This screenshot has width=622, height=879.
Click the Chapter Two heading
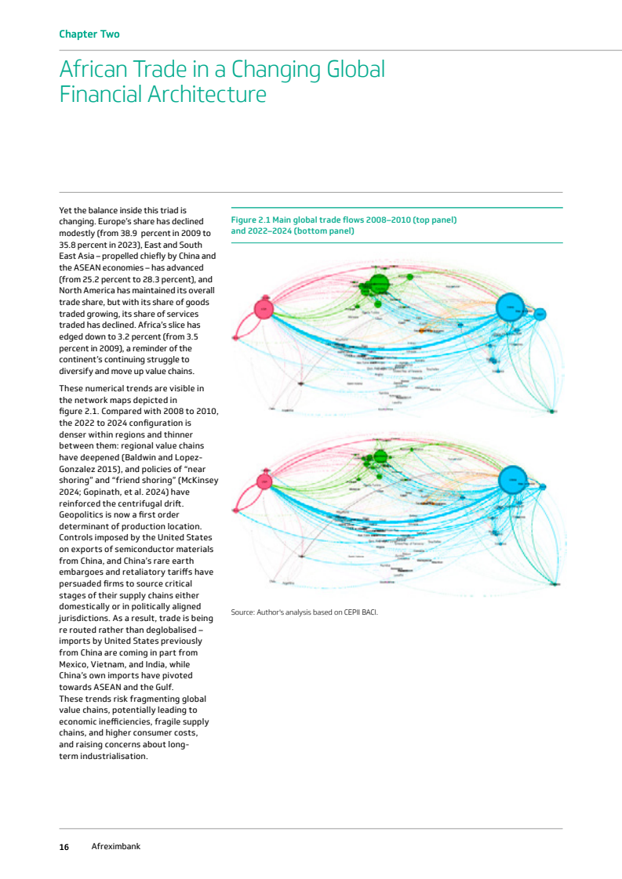[89, 34]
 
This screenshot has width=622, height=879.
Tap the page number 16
[64, 847]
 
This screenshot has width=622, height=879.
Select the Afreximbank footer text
[116, 847]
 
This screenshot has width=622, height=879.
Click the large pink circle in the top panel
[264, 310]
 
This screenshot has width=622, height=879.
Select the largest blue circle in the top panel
[511, 307]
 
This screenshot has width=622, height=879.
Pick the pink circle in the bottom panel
[264, 481]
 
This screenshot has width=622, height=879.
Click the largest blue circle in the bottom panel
[512, 476]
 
